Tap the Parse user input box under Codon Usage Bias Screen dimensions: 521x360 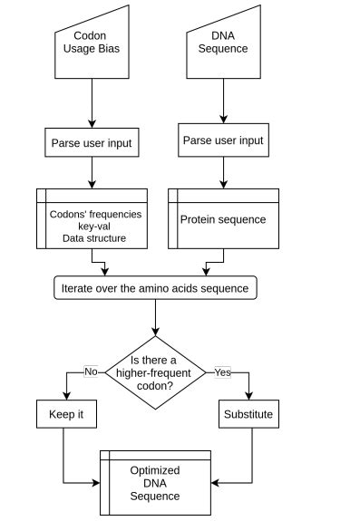coord(91,141)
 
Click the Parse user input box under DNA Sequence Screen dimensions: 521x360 coord(223,140)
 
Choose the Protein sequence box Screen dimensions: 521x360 coord(223,218)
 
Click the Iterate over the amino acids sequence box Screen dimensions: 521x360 coord(155,288)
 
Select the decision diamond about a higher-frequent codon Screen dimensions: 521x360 coord(155,371)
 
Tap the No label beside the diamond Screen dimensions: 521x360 coord(91,371)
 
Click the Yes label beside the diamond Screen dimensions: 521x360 coord(222,371)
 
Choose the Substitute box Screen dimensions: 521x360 coord(248,415)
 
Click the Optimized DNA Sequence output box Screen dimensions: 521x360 coord(155,483)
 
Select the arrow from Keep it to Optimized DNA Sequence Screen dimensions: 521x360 coord(63,462)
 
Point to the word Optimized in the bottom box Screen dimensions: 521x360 coord(155,470)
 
